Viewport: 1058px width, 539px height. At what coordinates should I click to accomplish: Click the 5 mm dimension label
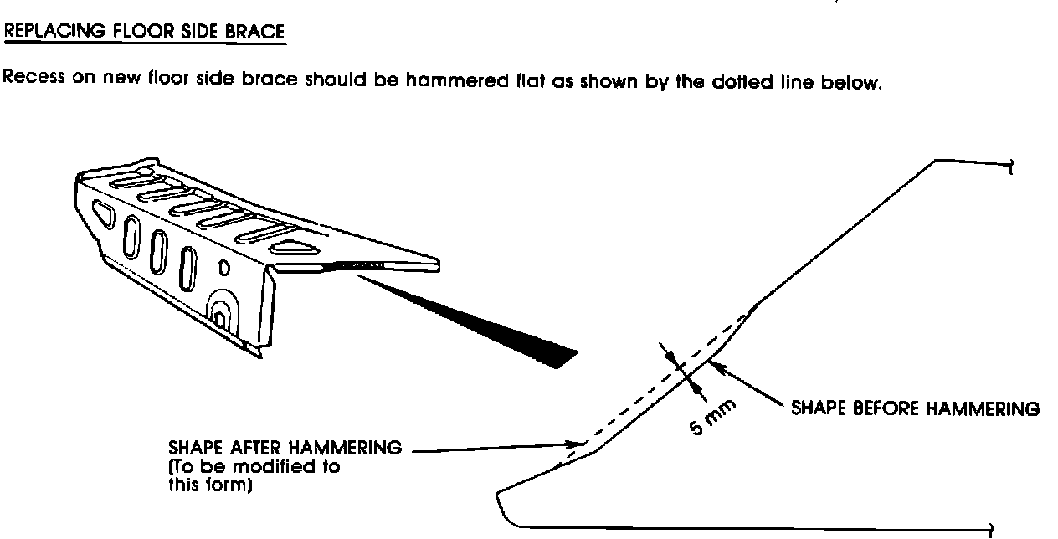tap(713, 416)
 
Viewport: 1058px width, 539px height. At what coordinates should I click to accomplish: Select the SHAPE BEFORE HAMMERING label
tap(915, 409)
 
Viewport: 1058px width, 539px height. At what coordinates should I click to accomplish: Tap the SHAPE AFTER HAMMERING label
tap(285, 450)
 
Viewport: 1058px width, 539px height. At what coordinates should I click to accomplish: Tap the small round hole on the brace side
tap(225, 269)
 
